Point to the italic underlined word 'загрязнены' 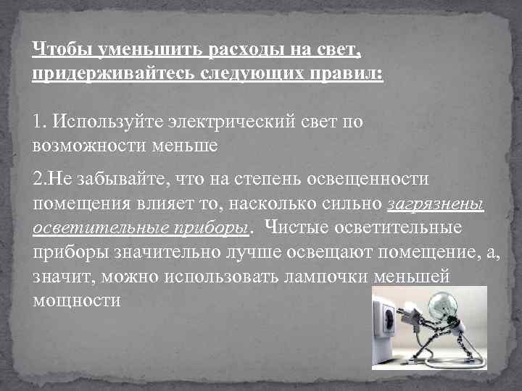(x=436, y=204)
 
